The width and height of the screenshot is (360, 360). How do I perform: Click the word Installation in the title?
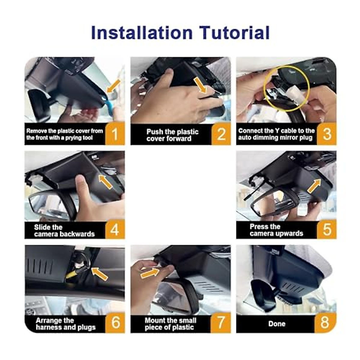coord(142,33)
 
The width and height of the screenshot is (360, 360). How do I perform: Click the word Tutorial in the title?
coord(235,33)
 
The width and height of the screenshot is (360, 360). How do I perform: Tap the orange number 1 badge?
coord(115,133)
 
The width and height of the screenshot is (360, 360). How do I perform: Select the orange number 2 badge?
coord(221,134)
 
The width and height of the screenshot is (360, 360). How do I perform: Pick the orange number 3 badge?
coord(327,133)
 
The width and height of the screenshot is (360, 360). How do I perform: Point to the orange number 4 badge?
coord(115,229)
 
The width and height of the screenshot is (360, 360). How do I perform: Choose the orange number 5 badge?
coord(327,229)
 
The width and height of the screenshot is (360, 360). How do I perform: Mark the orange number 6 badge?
coord(115,322)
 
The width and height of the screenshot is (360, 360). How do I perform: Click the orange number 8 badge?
coord(325,322)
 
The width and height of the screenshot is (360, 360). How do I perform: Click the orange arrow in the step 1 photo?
coord(114,86)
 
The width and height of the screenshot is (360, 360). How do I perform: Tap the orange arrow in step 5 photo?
coord(314,186)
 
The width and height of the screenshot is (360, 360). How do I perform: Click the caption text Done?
coord(277,324)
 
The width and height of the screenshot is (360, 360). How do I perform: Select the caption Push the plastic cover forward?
coord(172,135)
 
